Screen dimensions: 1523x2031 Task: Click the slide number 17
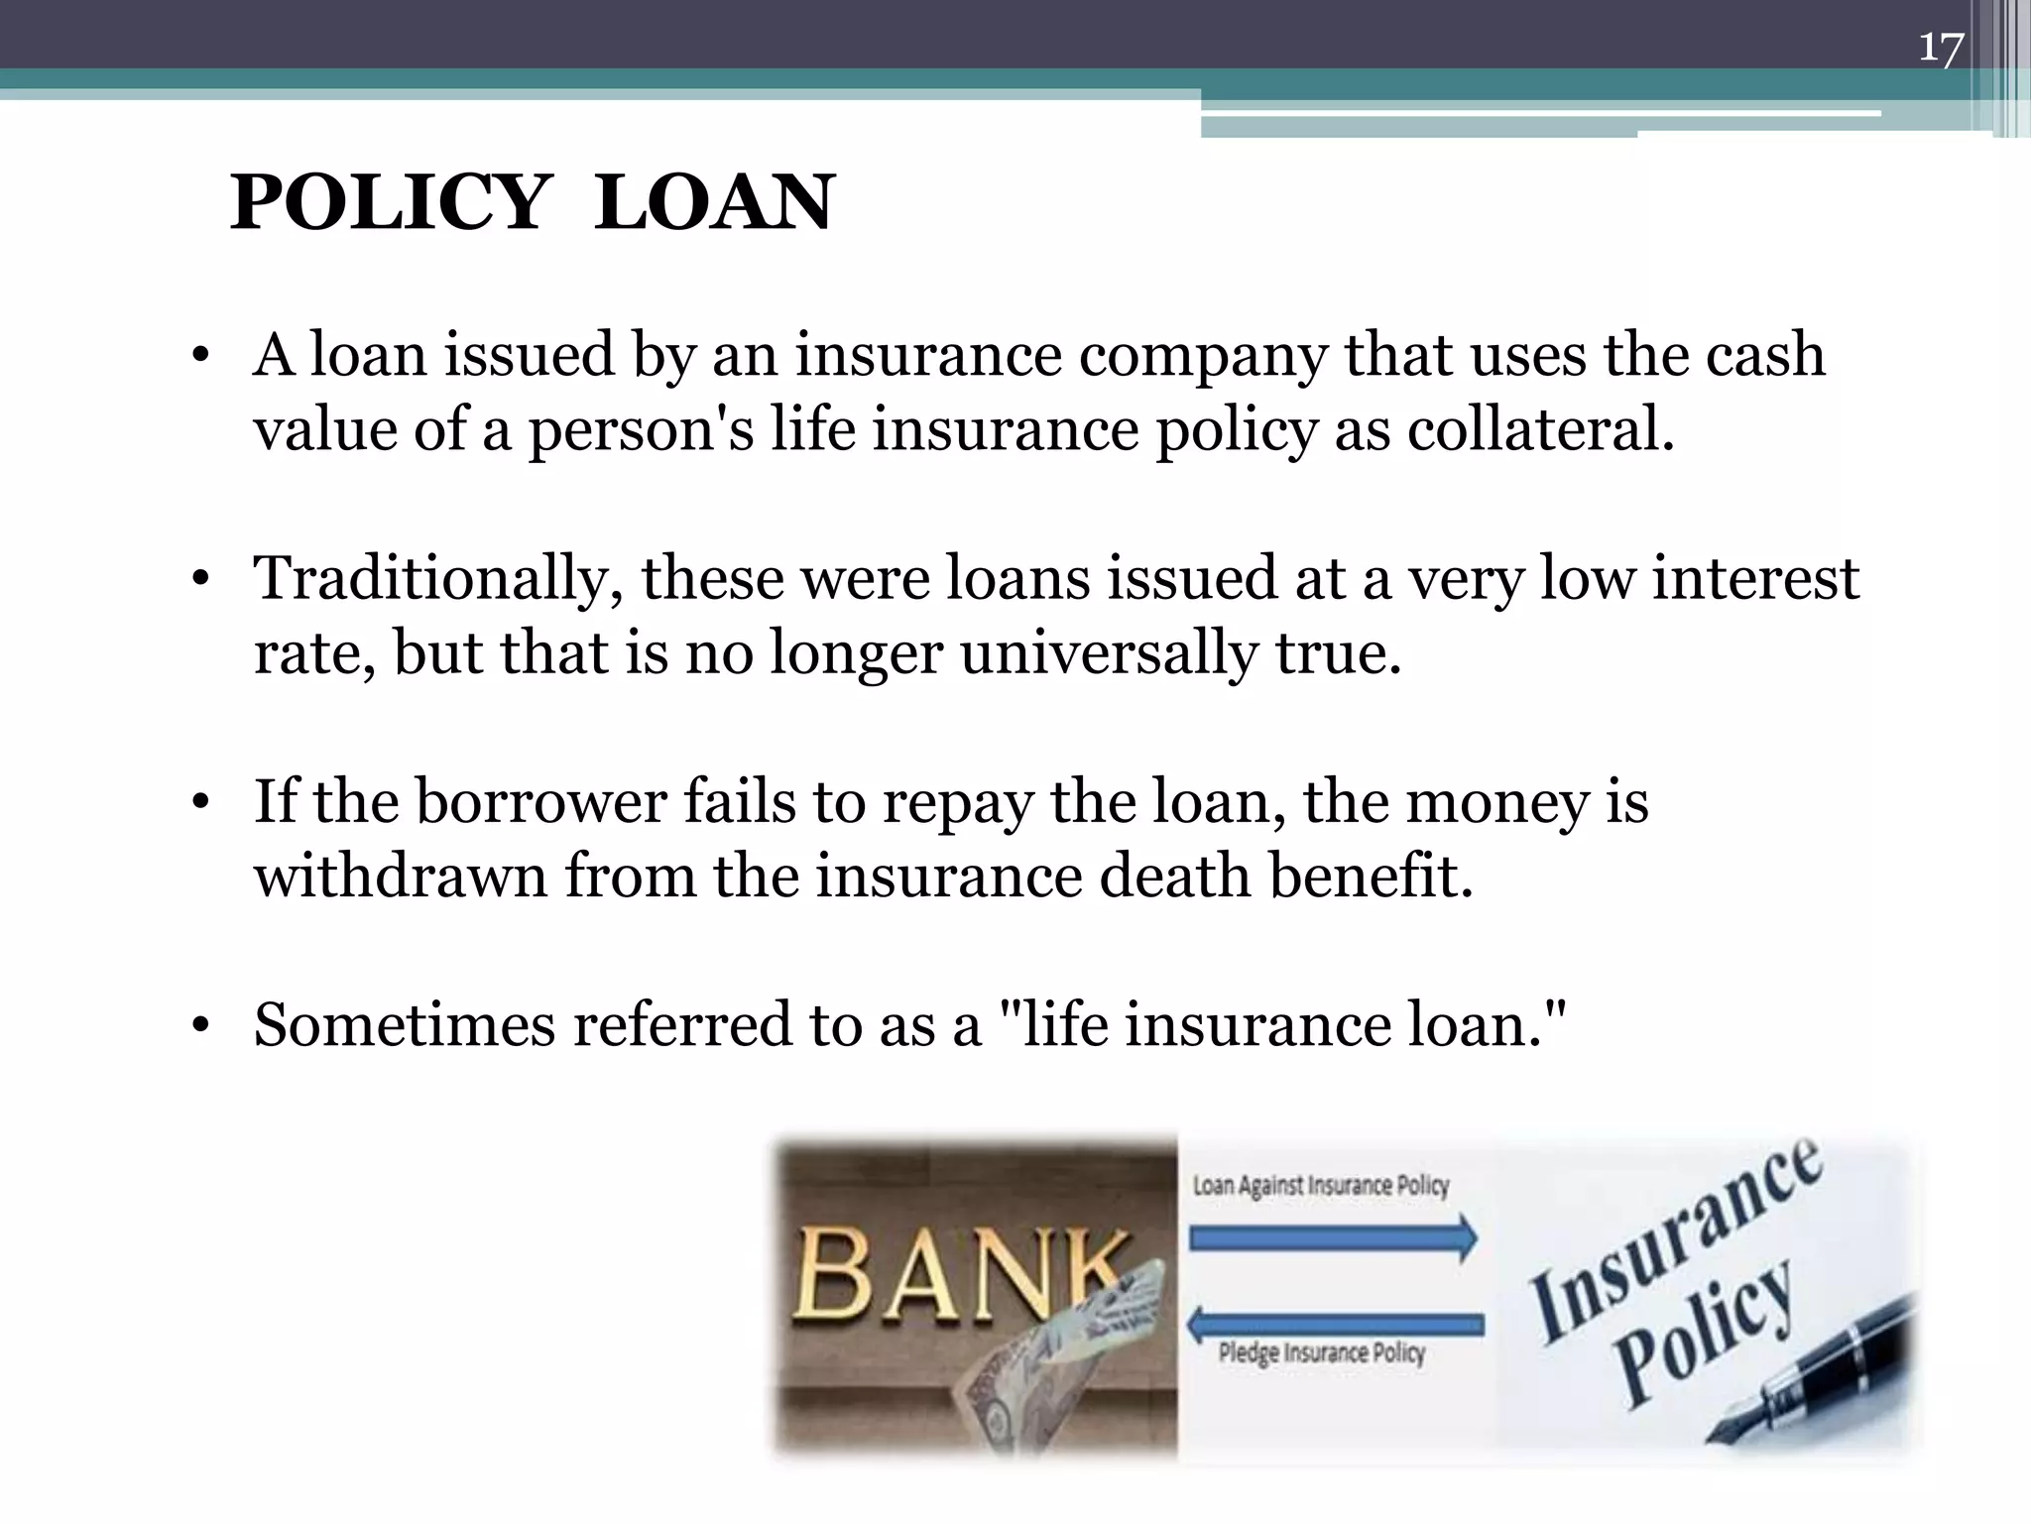[x=1940, y=47]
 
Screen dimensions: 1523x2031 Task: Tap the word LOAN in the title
[x=714, y=203]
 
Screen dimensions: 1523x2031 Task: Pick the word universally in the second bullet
[x=1108, y=654]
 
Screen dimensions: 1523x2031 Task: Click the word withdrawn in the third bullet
[x=400, y=877]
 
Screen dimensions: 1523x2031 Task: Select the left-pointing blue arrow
[x=1335, y=1324]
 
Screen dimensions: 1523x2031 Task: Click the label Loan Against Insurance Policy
[x=1320, y=1186]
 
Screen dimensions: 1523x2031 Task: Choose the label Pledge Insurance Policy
[x=1321, y=1353]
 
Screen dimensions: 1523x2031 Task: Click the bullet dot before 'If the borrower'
[x=201, y=803]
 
